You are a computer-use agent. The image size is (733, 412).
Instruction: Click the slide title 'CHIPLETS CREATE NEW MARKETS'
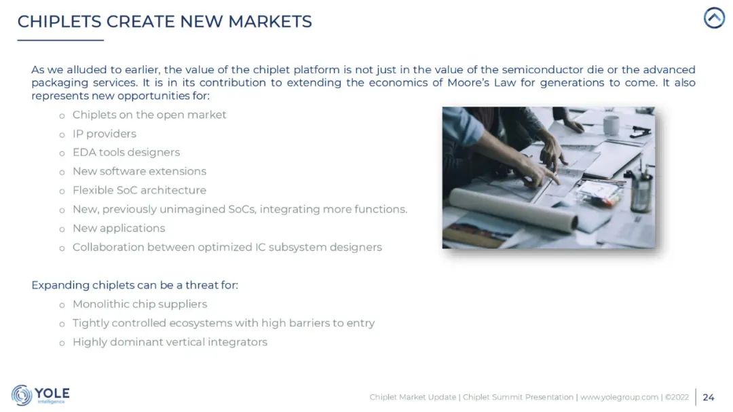tap(164, 21)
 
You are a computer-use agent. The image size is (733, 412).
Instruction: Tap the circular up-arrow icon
tap(714, 18)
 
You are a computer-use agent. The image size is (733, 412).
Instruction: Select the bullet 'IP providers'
tap(104, 134)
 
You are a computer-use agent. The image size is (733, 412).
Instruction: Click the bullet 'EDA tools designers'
tap(126, 153)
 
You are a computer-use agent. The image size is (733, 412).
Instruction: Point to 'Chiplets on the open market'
tap(149, 115)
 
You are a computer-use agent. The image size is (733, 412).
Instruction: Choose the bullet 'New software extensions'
tap(139, 171)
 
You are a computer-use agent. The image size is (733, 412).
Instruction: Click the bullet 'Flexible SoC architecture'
tap(139, 190)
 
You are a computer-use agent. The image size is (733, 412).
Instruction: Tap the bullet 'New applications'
tap(119, 228)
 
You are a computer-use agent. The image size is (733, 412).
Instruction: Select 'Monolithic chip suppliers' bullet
tap(140, 304)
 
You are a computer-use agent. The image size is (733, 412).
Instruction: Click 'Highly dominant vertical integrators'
tap(170, 342)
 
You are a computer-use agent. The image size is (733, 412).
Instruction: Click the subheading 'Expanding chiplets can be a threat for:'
tap(134, 285)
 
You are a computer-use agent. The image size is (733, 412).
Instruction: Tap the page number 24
tap(708, 397)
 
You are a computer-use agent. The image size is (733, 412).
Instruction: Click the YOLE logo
tap(41, 395)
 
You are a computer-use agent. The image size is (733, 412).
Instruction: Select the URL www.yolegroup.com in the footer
tap(619, 397)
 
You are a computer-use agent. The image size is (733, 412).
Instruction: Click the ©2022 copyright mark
tap(677, 397)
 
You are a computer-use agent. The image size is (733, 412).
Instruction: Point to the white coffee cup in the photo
tap(611, 124)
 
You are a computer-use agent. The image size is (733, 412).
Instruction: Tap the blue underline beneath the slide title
tap(60, 40)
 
